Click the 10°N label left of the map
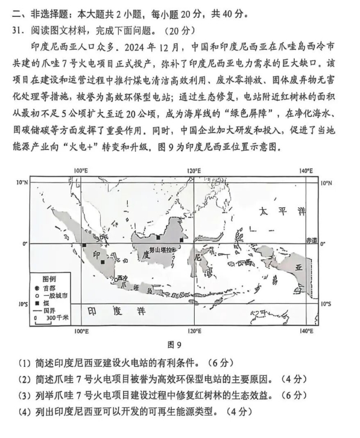[22, 182]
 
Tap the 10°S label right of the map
[326, 304]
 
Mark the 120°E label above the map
[194, 171]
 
